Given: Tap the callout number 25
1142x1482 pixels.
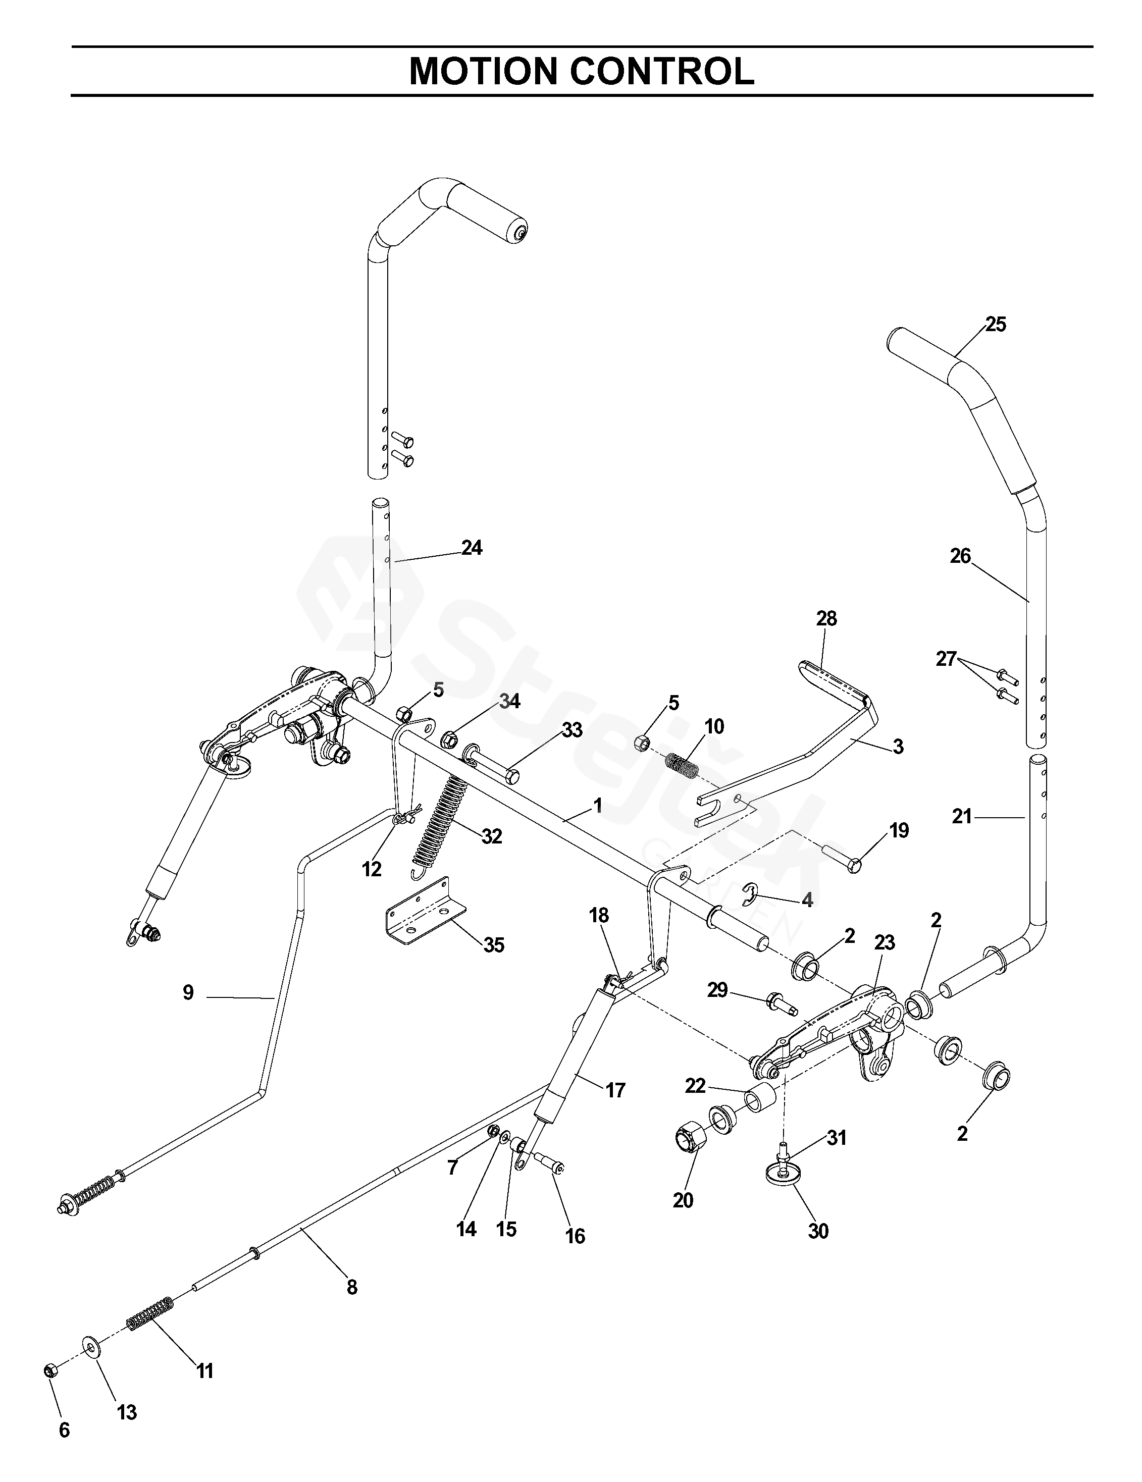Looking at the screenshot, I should [x=996, y=325].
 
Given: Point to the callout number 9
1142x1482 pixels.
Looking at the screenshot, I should [x=188, y=993].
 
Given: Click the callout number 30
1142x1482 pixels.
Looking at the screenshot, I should [x=818, y=1231].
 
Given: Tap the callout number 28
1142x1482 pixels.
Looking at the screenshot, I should [x=826, y=618].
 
